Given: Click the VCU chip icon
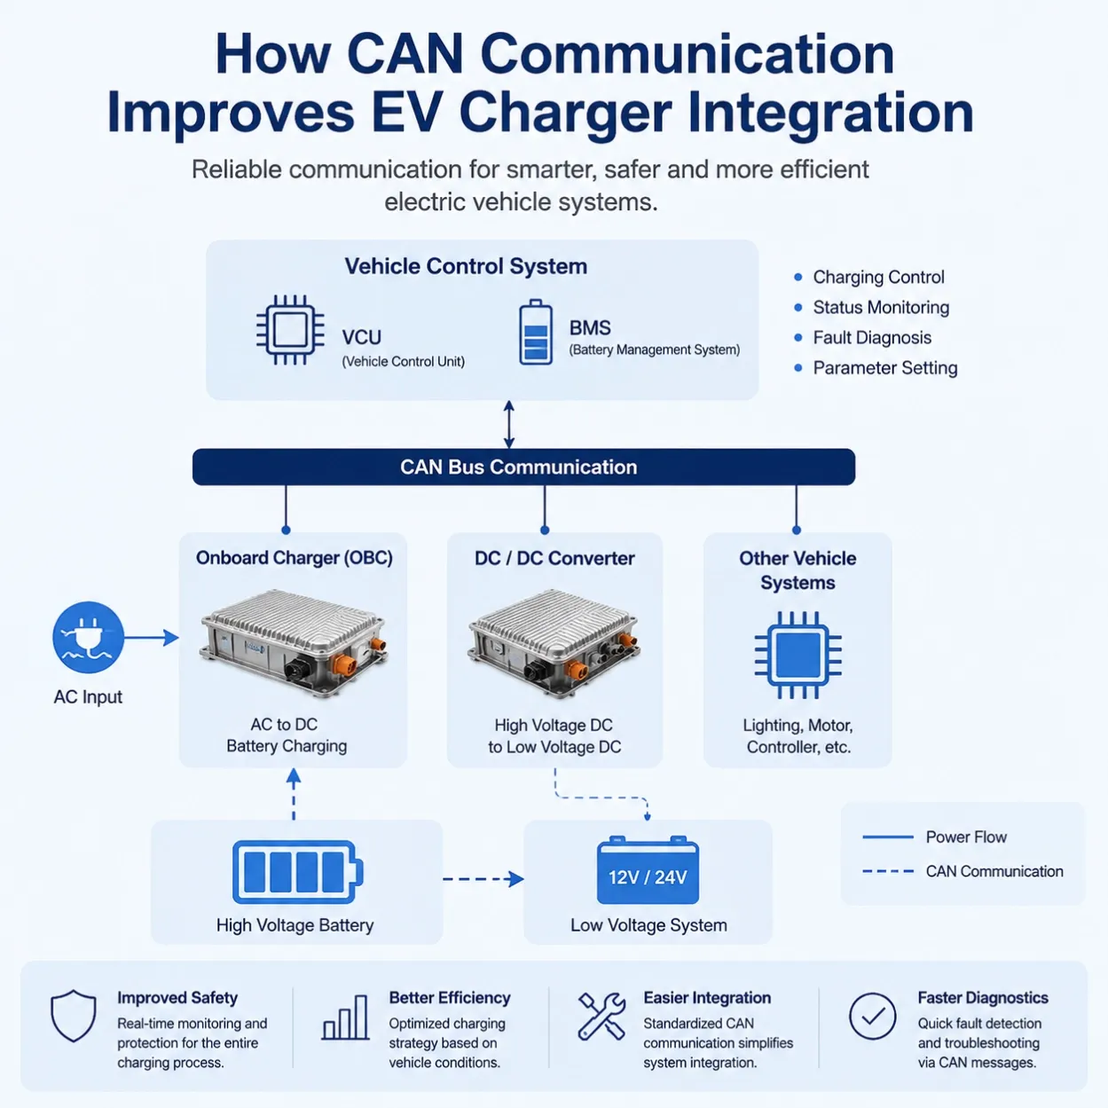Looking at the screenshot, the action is click(290, 330).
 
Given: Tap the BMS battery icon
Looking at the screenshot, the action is click(536, 332).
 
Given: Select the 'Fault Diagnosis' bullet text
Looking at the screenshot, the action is click(872, 337).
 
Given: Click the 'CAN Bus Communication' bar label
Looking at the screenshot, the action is click(519, 467).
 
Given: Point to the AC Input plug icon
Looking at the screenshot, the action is click(88, 637).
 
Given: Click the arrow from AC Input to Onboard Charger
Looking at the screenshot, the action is click(151, 637).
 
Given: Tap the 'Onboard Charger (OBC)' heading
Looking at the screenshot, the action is click(295, 558).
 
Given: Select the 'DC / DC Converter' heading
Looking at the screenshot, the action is click(554, 558).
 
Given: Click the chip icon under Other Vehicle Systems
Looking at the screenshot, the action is click(798, 655).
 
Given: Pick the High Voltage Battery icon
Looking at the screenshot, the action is click(297, 872).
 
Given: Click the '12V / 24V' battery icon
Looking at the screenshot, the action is click(648, 870).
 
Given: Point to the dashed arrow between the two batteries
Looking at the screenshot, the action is click(483, 878).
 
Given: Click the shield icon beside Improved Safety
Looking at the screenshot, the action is click(74, 1016).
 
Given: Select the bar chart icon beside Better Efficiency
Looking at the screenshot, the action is click(345, 1018).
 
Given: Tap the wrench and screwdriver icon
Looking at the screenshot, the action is click(601, 1016).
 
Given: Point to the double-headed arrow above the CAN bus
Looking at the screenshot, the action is click(509, 424).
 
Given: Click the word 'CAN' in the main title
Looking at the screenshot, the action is click(405, 54).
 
